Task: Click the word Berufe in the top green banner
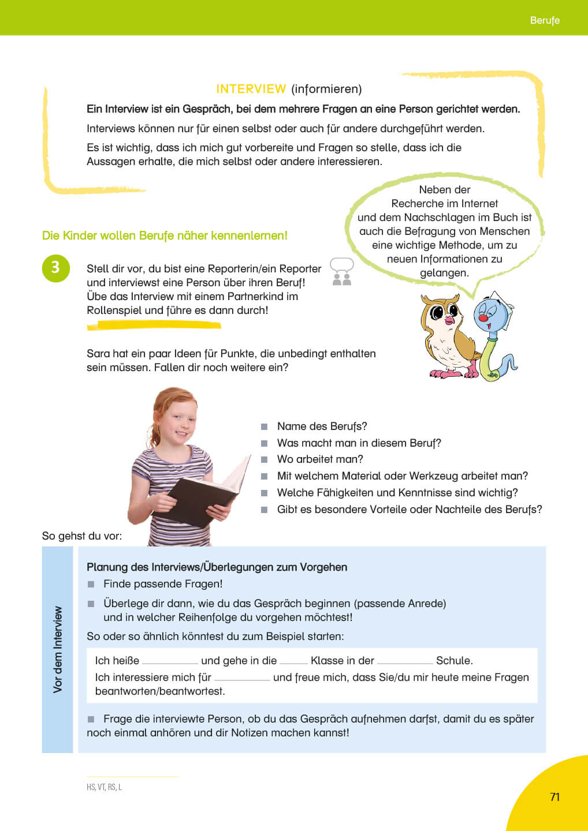point(544,20)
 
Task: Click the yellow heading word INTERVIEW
point(251,89)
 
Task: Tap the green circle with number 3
point(55,268)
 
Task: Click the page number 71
point(554,797)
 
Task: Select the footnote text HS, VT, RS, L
point(104,787)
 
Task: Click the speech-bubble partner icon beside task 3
point(341,272)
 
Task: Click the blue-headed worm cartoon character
point(494,335)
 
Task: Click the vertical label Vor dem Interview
point(58,649)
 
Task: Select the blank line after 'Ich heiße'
point(170,661)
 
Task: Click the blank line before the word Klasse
point(293,661)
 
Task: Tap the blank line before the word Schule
point(404,661)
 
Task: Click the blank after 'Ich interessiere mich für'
point(242,678)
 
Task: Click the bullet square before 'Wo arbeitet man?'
point(264,460)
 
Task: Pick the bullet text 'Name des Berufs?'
point(322,426)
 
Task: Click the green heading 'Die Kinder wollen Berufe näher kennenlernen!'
point(165,235)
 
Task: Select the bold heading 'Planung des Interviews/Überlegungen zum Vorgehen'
point(217,567)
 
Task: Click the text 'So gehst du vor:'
point(81,536)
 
